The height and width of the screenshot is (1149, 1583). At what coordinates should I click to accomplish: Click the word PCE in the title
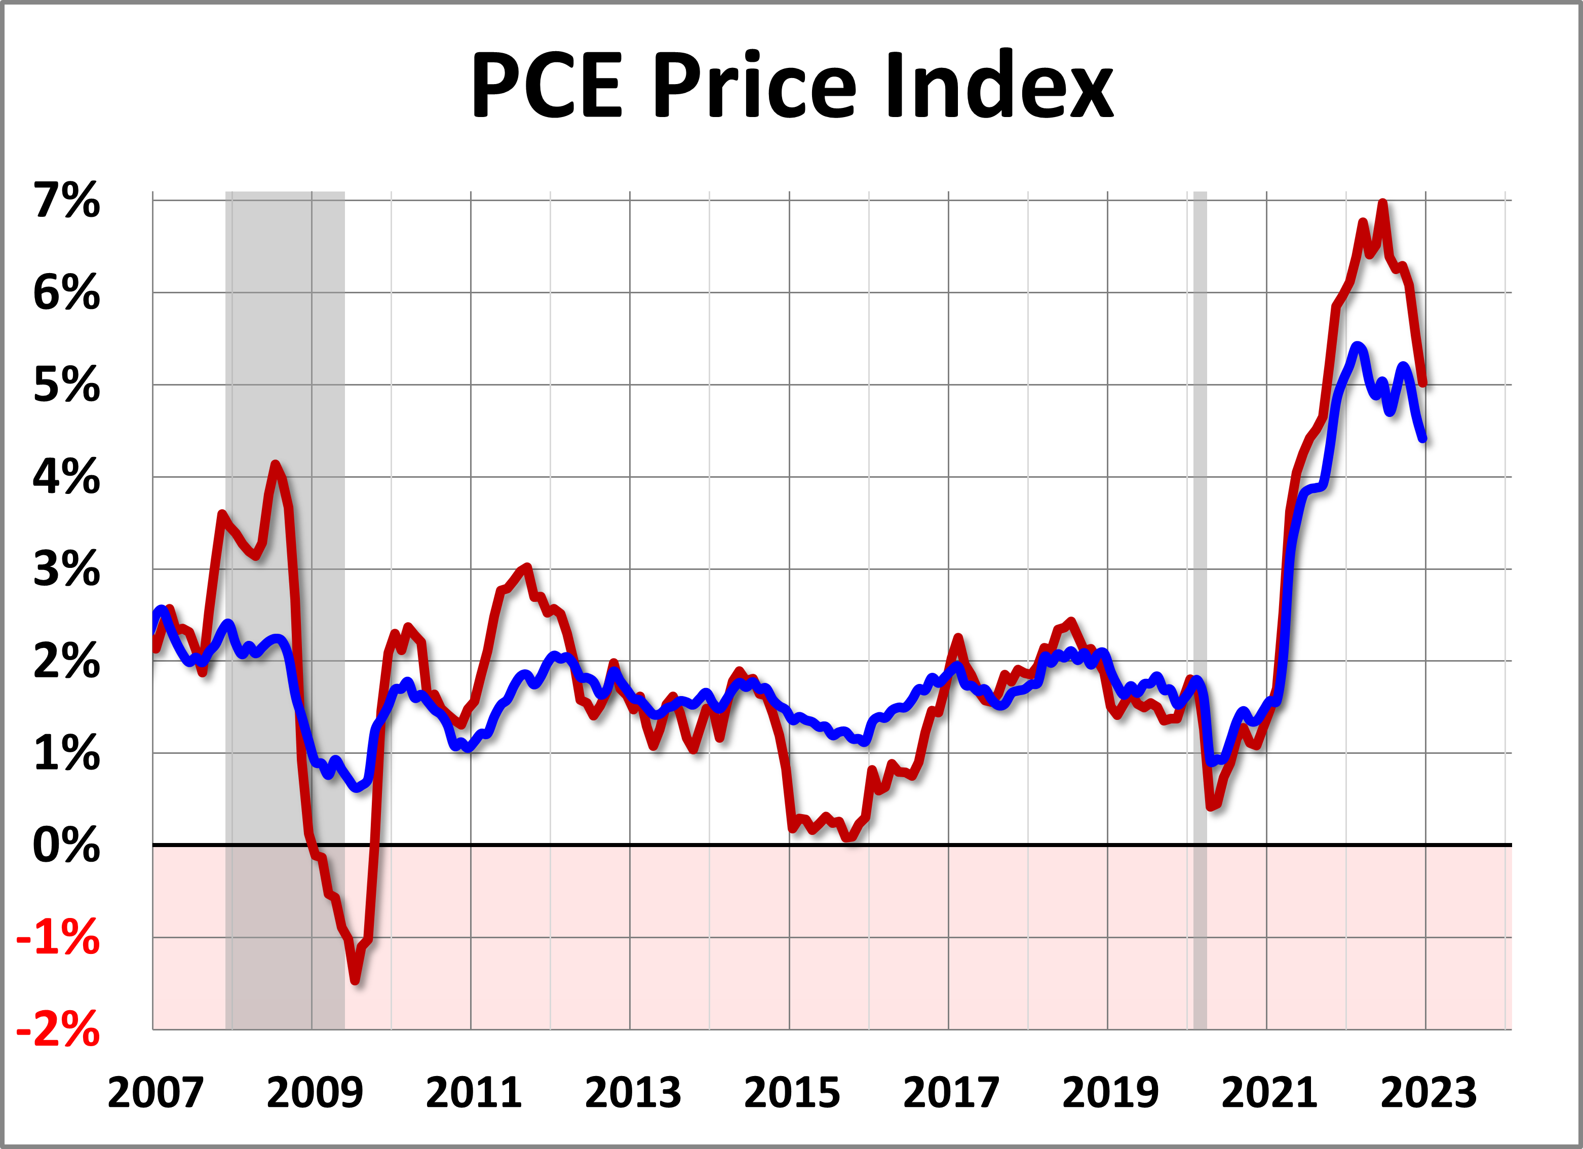[x=547, y=86]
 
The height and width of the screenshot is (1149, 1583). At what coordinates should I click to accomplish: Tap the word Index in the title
[x=999, y=86]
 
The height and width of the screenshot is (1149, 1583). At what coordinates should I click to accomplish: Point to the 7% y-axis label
[x=67, y=201]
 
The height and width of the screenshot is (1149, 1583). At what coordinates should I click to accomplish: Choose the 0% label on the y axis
[x=67, y=846]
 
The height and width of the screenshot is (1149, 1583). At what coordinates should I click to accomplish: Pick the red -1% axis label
[x=59, y=938]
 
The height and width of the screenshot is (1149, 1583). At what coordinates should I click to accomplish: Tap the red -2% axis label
[x=59, y=1029]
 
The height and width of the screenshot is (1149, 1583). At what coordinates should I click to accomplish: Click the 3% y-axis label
[x=67, y=569]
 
